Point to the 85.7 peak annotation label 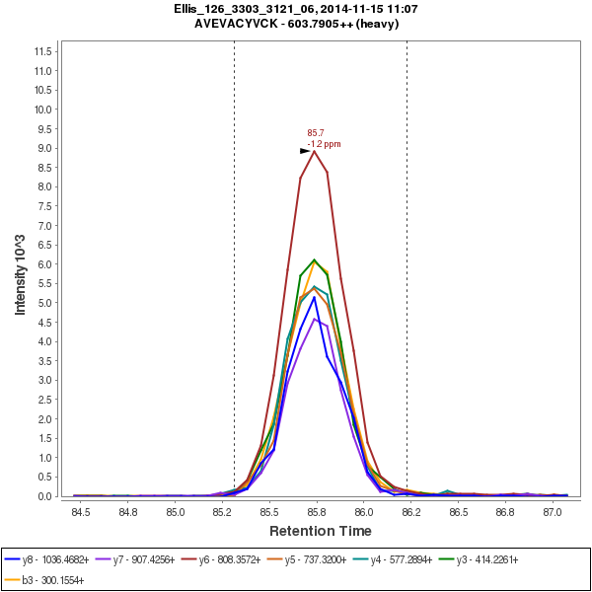[x=316, y=132]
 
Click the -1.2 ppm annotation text [x=325, y=144]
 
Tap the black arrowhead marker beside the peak [x=305, y=151]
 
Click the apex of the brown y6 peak [x=314, y=151]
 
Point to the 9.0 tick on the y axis [x=43, y=148]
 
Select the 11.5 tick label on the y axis [x=41, y=51]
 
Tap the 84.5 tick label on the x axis [x=81, y=513]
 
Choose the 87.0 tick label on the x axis [x=553, y=513]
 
